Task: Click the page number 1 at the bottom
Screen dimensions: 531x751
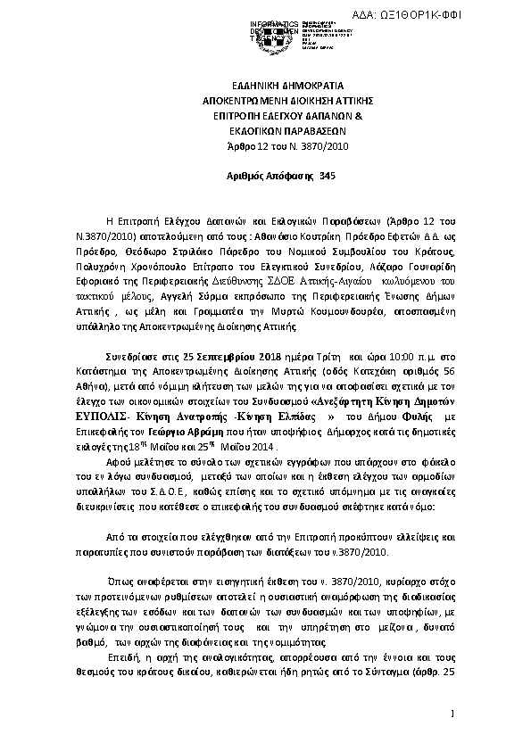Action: pyautogui.click(x=454, y=714)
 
